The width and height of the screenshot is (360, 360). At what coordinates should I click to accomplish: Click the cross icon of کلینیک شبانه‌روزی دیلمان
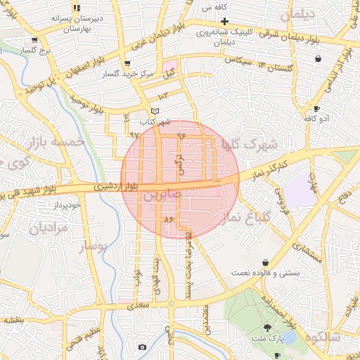point(224,21)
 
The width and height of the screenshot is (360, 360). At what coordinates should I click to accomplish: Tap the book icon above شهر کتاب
point(155,111)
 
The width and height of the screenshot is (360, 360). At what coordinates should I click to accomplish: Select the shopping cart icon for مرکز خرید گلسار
point(126,63)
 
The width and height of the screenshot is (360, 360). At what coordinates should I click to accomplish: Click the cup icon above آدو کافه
point(317,108)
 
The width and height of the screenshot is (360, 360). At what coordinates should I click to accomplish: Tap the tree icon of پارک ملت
point(267,328)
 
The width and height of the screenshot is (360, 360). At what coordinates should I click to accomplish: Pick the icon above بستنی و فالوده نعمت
point(265,262)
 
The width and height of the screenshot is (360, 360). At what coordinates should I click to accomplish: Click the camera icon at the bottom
point(143,347)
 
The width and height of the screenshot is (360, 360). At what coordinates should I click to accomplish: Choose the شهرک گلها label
point(250,144)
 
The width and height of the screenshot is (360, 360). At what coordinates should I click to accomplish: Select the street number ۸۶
point(167,220)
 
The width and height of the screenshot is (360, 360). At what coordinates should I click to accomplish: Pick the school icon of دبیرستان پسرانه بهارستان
point(77,7)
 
